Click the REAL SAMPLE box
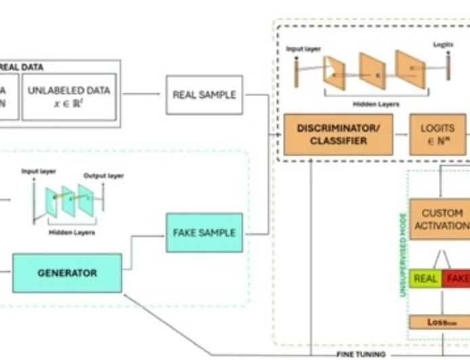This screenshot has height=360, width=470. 204,95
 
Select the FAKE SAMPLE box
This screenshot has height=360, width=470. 204,233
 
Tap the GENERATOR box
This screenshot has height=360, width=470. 67,273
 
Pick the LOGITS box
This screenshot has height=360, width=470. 437,135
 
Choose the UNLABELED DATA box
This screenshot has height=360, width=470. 70,95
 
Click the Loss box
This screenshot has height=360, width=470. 437,322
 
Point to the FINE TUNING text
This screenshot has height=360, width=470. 361,354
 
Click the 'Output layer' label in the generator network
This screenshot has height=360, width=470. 104,176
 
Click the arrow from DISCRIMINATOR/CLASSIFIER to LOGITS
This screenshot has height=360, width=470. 401,135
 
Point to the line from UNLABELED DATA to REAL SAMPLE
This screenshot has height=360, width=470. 142,95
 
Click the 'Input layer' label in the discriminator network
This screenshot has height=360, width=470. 302,49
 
